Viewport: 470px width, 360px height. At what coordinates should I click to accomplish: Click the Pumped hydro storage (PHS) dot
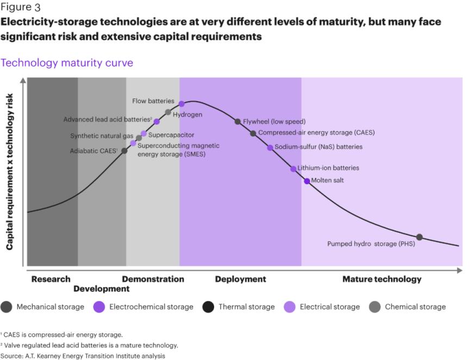(x=419, y=237)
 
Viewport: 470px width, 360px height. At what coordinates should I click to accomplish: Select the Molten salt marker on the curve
(x=307, y=181)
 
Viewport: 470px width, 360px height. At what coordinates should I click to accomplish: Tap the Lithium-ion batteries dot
(x=293, y=169)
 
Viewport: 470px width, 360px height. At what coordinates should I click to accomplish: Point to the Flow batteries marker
(x=181, y=103)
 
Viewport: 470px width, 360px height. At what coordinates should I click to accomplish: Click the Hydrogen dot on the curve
(x=168, y=112)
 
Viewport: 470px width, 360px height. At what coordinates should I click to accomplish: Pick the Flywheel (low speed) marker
(x=237, y=121)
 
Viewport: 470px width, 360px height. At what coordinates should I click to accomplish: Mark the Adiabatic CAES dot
(x=124, y=150)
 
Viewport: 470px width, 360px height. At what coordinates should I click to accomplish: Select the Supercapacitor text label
(x=171, y=134)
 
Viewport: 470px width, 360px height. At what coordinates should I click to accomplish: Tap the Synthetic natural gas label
(x=102, y=135)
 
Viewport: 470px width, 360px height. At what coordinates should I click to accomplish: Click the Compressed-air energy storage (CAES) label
(x=316, y=132)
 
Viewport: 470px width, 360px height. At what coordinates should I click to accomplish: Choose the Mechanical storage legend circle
(x=7, y=307)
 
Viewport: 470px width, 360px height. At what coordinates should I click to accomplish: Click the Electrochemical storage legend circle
(x=99, y=307)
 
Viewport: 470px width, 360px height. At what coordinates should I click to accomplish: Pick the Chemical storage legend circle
(x=375, y=307)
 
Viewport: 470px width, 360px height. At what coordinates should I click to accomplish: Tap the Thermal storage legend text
(x=247, y=307)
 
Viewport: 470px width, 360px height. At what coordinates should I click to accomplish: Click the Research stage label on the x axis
(x=51, y=279)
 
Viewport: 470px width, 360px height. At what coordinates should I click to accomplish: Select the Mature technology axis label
(x=381, y=279)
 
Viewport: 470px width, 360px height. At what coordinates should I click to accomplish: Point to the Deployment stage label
(x=240, y=279)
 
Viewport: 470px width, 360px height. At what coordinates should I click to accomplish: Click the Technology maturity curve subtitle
(x=67, y=63)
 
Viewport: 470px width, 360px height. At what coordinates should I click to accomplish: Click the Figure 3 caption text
(x=20, y=8)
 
